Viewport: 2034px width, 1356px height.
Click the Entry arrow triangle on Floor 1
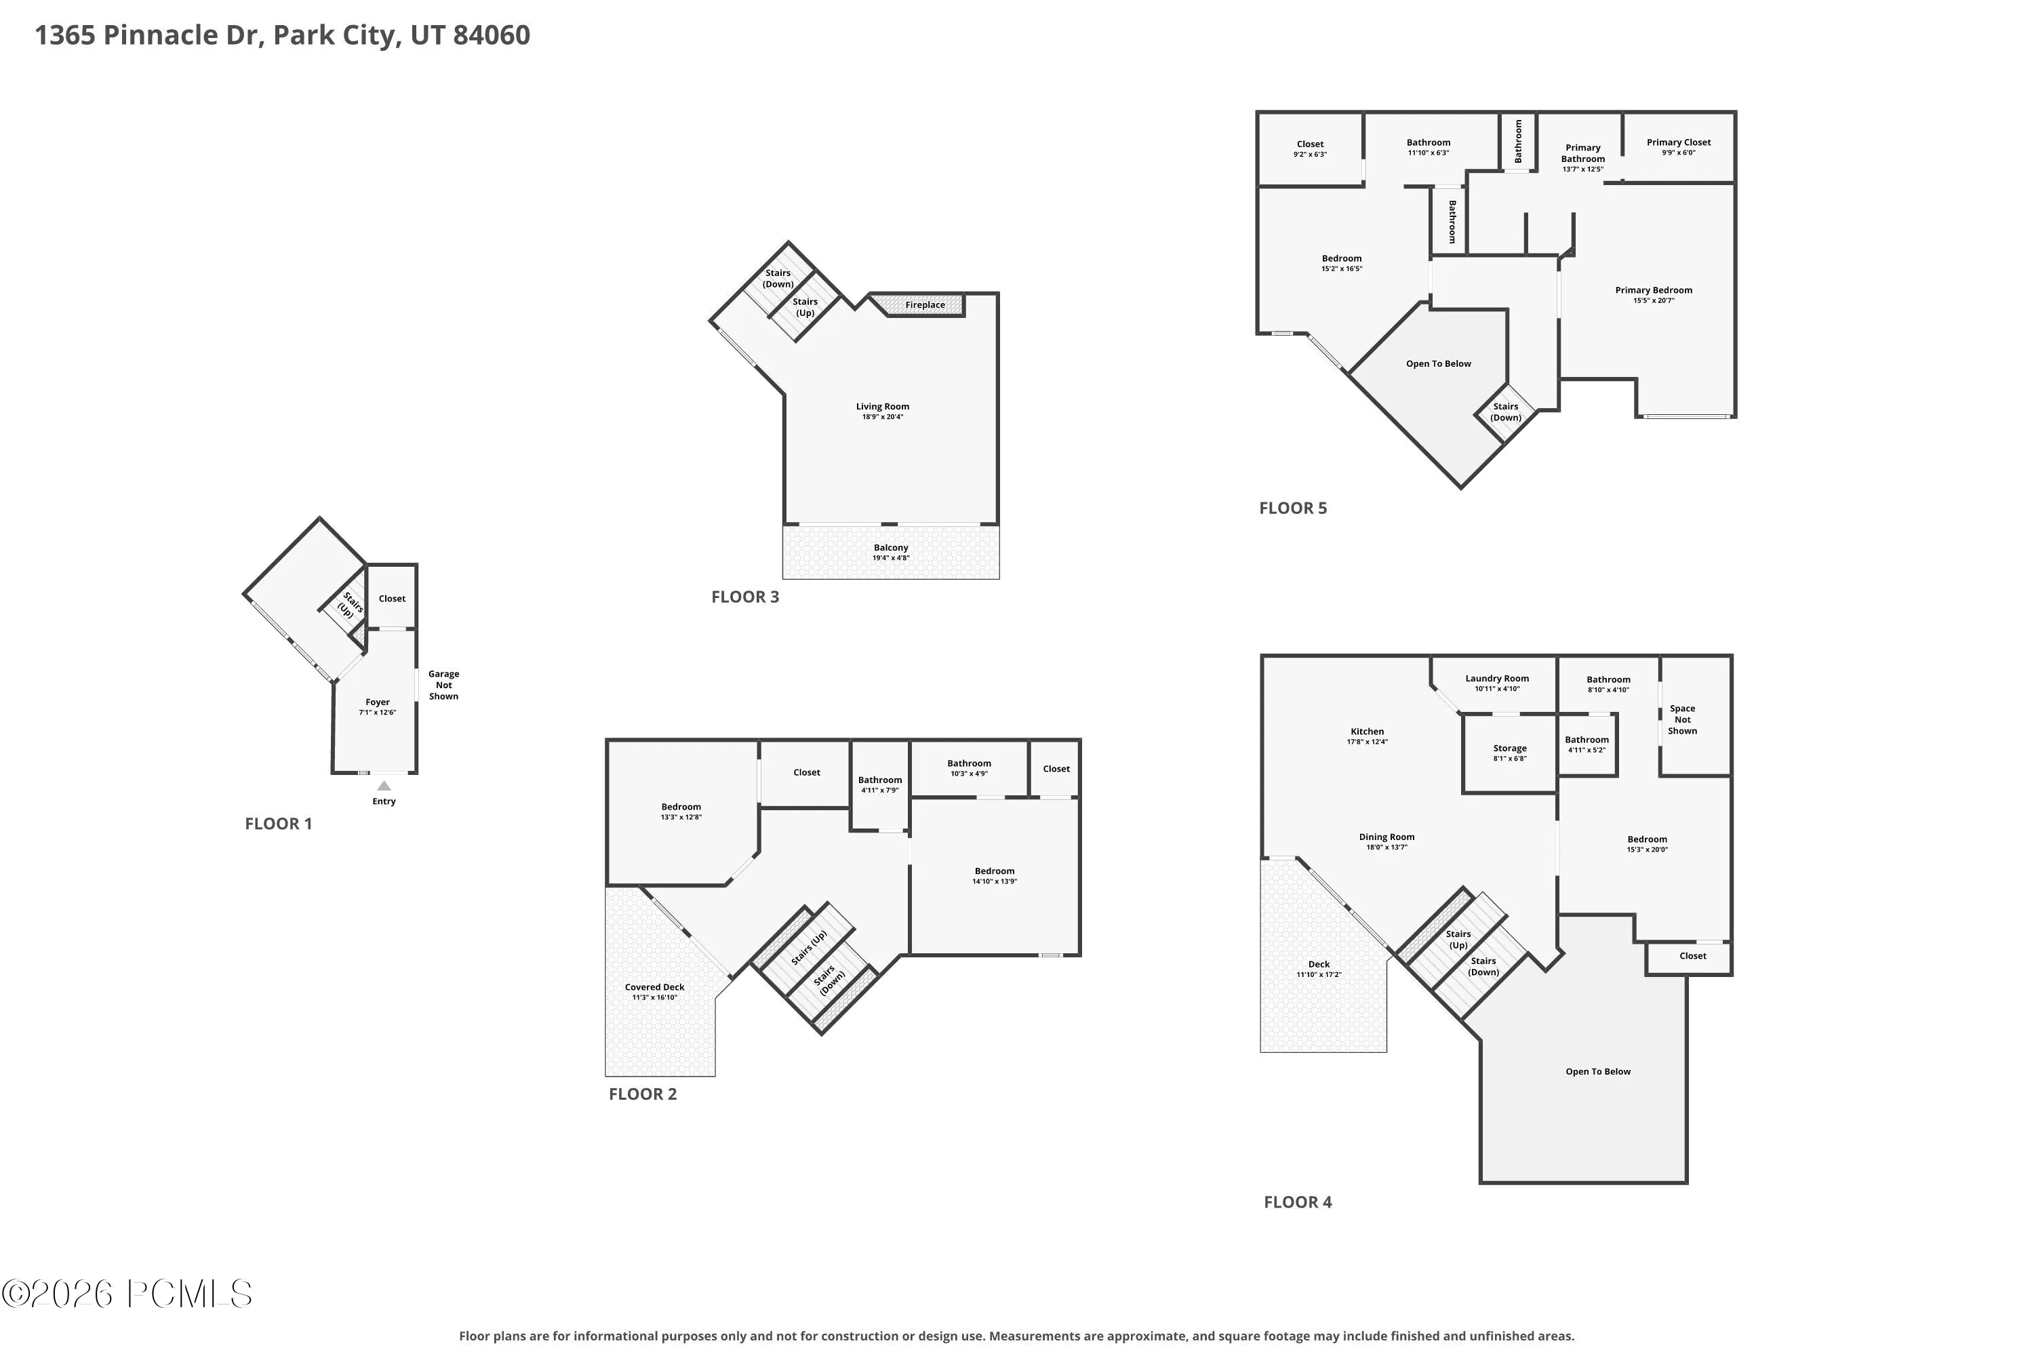[x=384, y=786]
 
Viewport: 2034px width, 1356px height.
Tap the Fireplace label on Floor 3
[x=925, y=305]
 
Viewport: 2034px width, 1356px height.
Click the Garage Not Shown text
[x=443, y=685]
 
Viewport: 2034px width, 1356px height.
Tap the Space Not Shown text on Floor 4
[x=1683, y=719]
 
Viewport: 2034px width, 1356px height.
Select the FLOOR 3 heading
[x=745, y=597]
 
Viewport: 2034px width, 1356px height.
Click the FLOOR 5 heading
[x=1293, y=509]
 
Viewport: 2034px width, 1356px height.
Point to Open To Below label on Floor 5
[x=1439, y=364]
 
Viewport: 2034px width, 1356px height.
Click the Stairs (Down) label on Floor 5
[x=1506, y=412]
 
